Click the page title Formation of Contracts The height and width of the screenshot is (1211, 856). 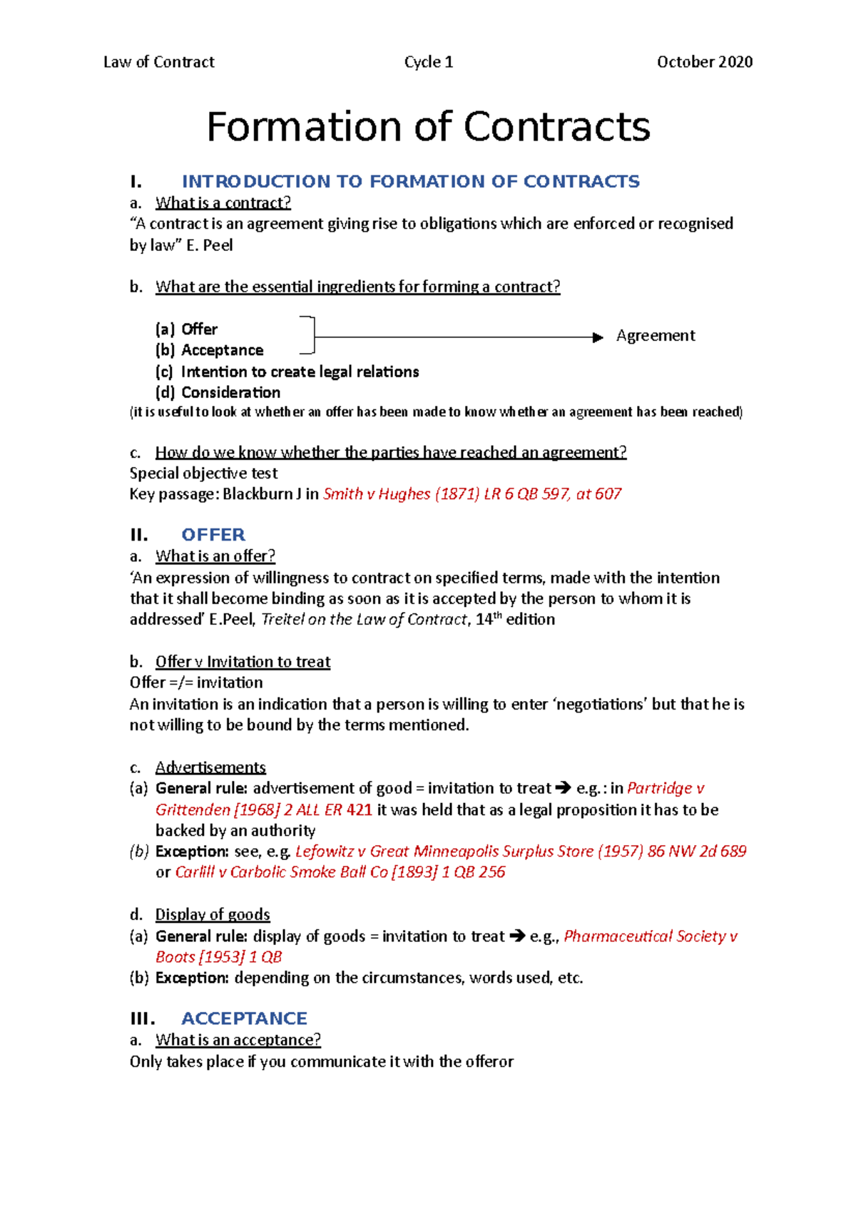[428, 127]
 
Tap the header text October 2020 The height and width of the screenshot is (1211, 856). [704, 62]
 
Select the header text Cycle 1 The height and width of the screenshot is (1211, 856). [428, 62]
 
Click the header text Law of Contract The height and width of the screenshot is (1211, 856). [158, 62]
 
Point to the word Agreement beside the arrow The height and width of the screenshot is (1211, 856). [655, 335]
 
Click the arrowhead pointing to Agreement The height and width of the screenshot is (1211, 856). [598, 337]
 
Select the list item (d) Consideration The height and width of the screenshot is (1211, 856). [218, 392]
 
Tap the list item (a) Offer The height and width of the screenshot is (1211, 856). [187, 329]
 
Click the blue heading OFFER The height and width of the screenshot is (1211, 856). [213, 535]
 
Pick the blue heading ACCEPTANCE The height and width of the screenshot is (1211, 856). [244, 1018]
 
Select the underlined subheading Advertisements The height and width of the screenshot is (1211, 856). [210, 767]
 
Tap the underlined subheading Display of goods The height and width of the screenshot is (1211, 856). [213, 914]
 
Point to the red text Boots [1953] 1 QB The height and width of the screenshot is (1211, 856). [218, 956]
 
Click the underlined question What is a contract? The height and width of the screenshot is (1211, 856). [223, 203]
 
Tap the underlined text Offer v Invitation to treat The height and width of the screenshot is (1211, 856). [243, 662]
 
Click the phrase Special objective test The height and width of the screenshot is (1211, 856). [203, 473]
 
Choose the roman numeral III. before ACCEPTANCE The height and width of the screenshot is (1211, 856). [142, 1018]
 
